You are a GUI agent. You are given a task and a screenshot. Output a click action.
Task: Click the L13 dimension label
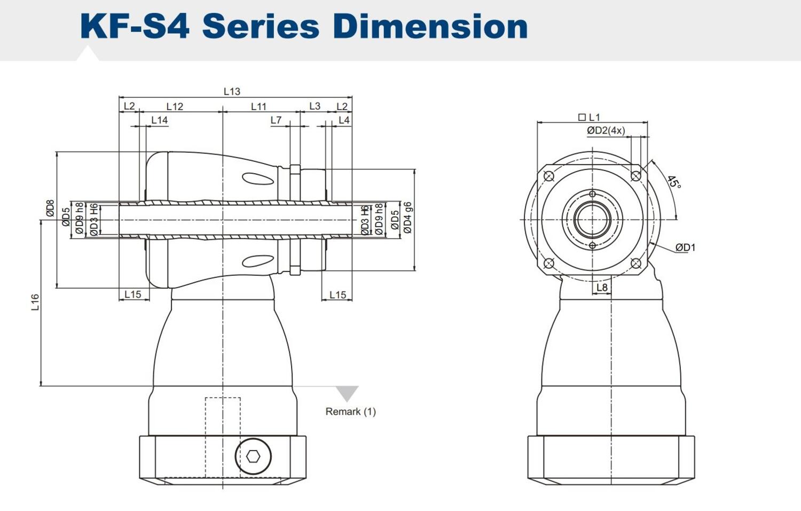pyautogui.click(x=232, y=91)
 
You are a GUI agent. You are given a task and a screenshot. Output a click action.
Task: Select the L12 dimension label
pyautogui.click(x=175, y=106)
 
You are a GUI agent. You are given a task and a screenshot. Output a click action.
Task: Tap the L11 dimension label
pyautogui.click(x=258, y=106)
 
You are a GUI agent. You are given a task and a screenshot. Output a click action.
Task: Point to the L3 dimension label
pyautogui.click(x=315, y=106)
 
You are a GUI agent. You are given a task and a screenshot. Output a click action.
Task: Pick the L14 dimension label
pyautogui.click(x=159, y=120)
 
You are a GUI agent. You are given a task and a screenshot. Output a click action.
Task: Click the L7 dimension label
pyautogui.click(x=276, y=120)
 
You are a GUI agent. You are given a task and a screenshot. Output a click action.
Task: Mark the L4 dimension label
pyautogui.click(x=344, y=120)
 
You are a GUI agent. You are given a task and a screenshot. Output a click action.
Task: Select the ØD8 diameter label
pyautogui.click(x=50, y=208)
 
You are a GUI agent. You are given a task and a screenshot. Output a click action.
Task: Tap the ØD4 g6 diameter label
pyautogui.click(x=408, y=218)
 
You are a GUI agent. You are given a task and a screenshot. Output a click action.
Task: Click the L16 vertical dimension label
pyautogui.click(x=35, y=302)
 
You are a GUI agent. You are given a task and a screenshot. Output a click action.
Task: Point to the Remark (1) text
pyautogui.click(x=350, y=412)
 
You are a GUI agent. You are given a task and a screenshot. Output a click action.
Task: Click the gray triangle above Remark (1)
pyautogui.click(x=347, y=393)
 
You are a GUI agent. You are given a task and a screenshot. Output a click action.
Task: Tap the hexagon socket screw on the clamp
pyautogui.click(x=253, y=456)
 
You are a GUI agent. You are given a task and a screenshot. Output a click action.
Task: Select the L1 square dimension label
pyautogui.click(x=590, y=117)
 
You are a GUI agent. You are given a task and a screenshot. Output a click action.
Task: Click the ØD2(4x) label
pyautogui.click(x=606, y=130)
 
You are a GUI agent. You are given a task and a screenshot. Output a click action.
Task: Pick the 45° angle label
pyautogui.click(x=674, y=182)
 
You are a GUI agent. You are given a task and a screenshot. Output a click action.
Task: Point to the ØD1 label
pyautogui.click(x=685, y=247)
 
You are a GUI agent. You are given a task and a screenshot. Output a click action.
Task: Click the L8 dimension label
pyautogui.click(x=602, y=288)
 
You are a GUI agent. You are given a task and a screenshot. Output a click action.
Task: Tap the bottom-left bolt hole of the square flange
pyautogui.click(x=548, y=263)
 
